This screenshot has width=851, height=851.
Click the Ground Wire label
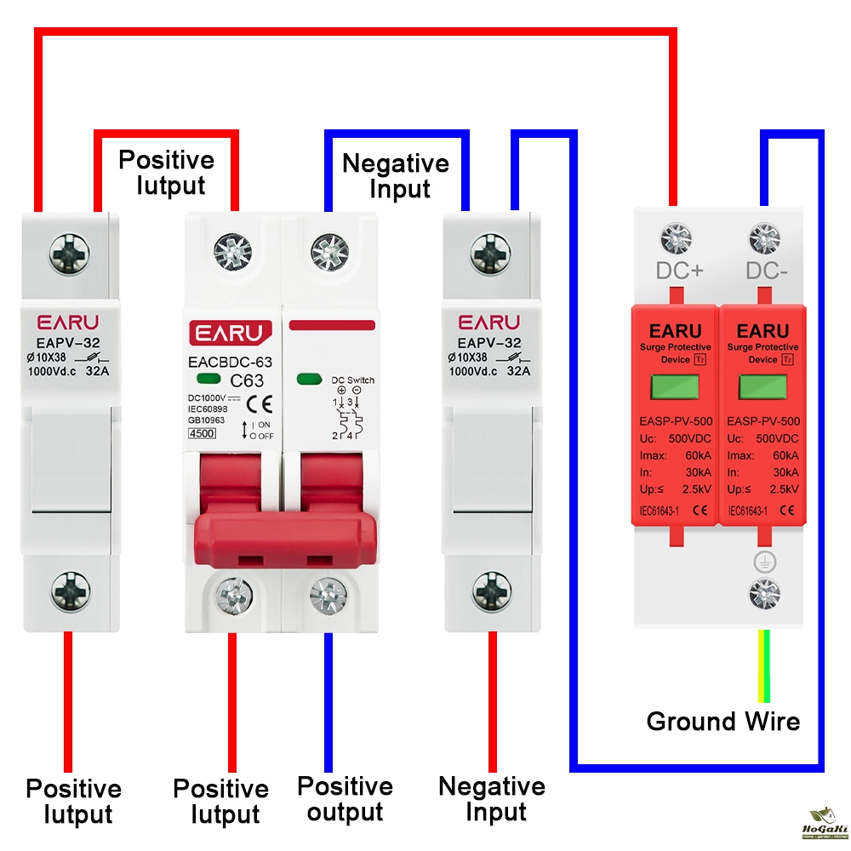723,722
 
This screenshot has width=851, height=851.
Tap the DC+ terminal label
679,271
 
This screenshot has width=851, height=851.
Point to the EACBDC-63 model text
230,363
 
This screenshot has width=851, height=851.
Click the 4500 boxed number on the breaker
201,433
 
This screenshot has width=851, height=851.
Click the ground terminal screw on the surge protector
763,592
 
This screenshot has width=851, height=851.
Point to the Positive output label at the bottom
345,799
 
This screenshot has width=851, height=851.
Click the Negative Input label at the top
395,175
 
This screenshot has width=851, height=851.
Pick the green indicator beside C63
205,380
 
